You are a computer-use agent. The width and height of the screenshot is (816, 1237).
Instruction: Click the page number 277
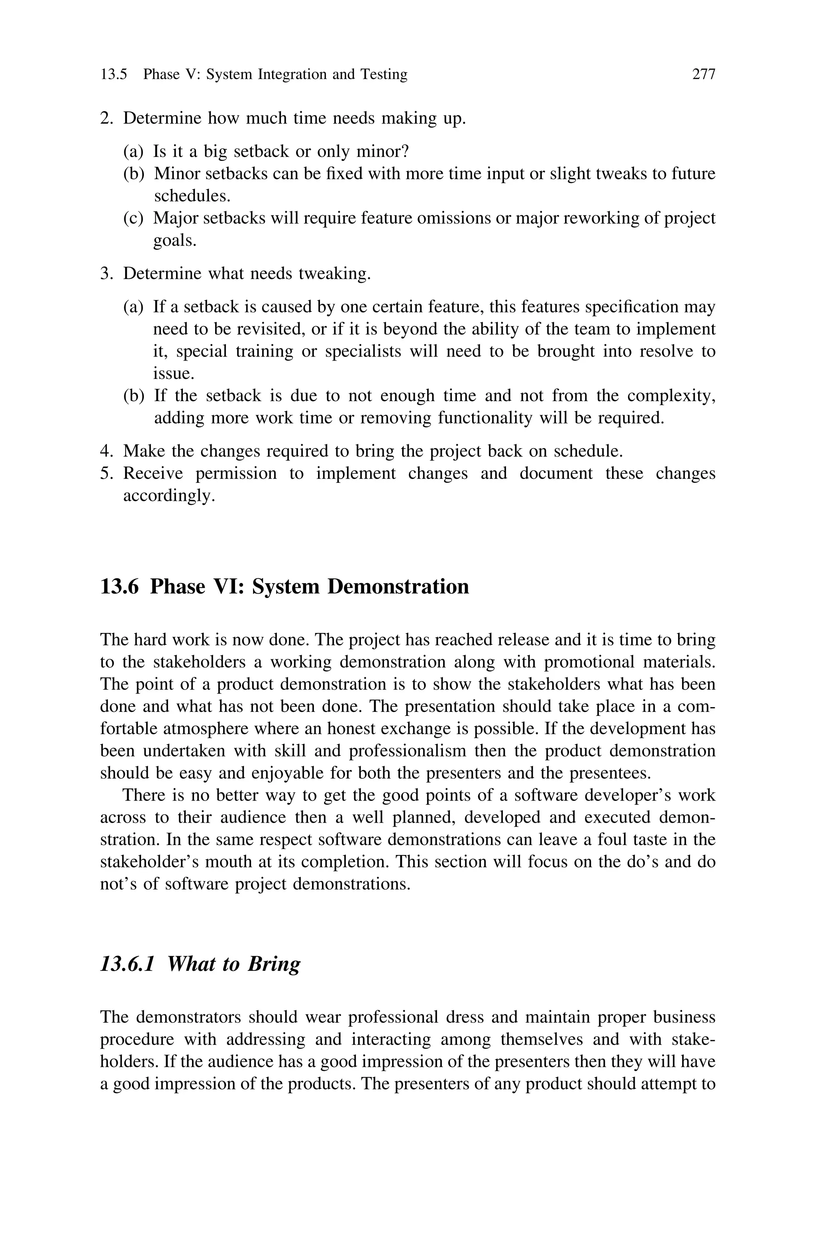[x=704, y=75]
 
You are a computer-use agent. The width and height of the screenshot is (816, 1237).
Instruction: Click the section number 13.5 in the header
[x=114, y=75]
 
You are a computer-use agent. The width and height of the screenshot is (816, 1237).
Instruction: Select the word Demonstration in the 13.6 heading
[x=398, y=587]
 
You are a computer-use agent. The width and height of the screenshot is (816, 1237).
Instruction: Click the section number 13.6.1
[x=127, y=964]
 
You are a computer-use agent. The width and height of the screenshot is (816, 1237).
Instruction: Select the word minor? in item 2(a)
[x=382, y=151]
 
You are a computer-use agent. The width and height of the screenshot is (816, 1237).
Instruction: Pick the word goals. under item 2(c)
[x=175, y=241]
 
